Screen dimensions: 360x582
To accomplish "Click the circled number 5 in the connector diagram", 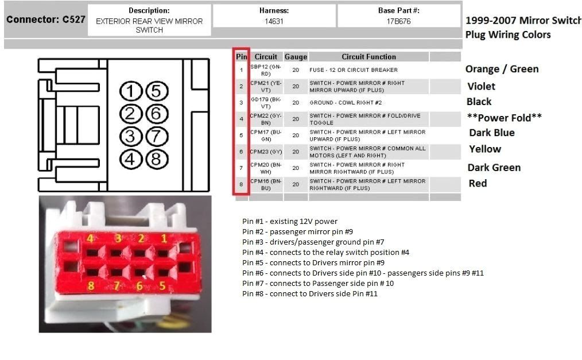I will [x=156, y=91].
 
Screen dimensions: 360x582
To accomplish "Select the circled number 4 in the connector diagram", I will [x=131, y=159].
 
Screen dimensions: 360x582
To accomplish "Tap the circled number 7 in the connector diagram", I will [x=156, y=137].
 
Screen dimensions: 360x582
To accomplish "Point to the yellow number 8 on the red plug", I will [x=90, y=285].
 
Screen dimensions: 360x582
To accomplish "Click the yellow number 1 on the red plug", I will [x=164, y=238].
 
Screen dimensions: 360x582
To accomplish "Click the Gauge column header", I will [x=296, y=57].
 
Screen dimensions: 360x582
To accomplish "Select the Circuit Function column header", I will [x=368, y=57].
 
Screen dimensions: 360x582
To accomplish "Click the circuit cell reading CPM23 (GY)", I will [x=266, y=152].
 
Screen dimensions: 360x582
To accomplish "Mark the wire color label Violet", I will [x=481, y=86].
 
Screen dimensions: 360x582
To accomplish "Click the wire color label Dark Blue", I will [x=491, y=133].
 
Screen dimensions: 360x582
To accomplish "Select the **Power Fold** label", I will [x=505, y=118].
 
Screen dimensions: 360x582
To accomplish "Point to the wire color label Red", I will [x=478, y=183].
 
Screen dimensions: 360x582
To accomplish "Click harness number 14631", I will [x=274, y=22].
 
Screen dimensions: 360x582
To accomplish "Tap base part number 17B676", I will [x=399, y=22].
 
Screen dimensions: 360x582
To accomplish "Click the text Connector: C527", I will [x=46, y=20].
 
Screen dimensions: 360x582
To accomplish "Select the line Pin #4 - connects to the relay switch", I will [x=325, y=252].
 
